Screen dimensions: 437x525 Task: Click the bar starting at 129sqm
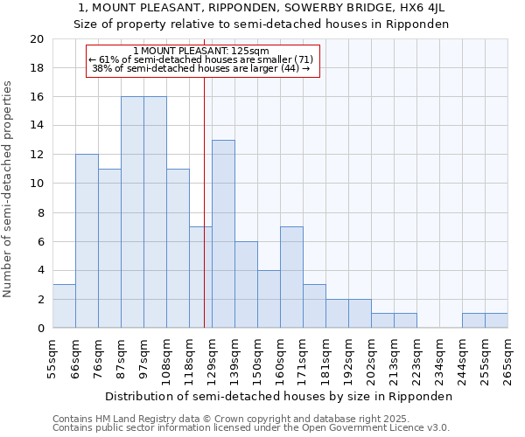point(223,233)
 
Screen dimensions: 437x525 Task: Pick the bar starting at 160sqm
point(291,277)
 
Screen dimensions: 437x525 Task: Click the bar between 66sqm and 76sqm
point(87,241)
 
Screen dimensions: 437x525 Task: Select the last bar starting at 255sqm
point(496,321)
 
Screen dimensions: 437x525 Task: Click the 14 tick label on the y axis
point(36,126)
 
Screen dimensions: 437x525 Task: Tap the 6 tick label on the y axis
point(39,241)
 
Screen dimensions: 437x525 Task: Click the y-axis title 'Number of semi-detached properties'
point(9,189)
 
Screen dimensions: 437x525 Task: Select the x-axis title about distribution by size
point(280,396)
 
